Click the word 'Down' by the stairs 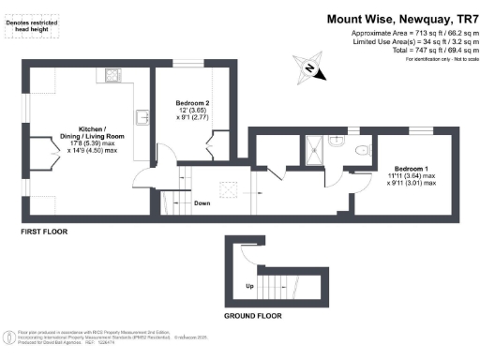[202, 202]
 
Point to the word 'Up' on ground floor [248, 285]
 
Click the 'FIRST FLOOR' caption [41, 230]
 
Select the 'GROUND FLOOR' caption [252, 315]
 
